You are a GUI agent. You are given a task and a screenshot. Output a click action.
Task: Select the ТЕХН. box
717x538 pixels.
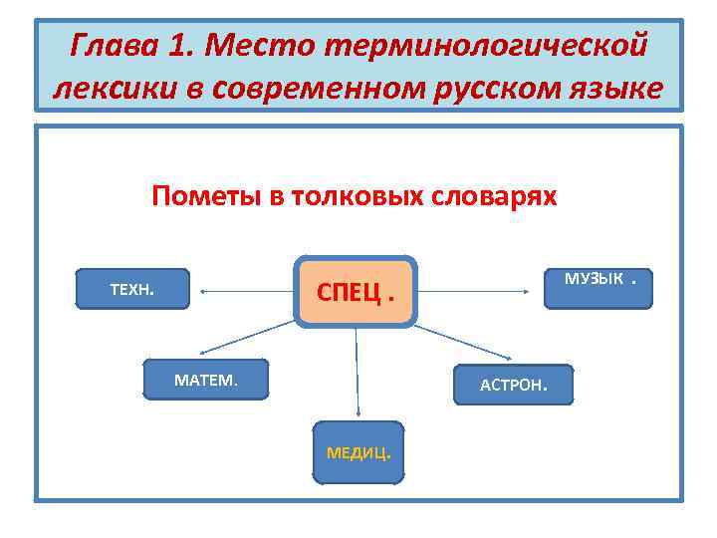coord(132,289)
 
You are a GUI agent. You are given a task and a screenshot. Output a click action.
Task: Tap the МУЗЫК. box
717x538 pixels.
coord(598,287)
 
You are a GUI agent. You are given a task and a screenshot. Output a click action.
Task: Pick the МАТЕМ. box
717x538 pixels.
coord(206,379)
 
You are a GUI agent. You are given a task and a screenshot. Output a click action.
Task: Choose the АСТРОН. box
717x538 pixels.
coord(514,385)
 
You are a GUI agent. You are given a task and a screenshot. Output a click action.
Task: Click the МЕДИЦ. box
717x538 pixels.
coord(358,452)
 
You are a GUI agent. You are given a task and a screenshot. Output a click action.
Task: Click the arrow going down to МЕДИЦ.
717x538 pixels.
coord(357,374)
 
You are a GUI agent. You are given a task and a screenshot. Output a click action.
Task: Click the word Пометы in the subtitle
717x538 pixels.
coord(204,195)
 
